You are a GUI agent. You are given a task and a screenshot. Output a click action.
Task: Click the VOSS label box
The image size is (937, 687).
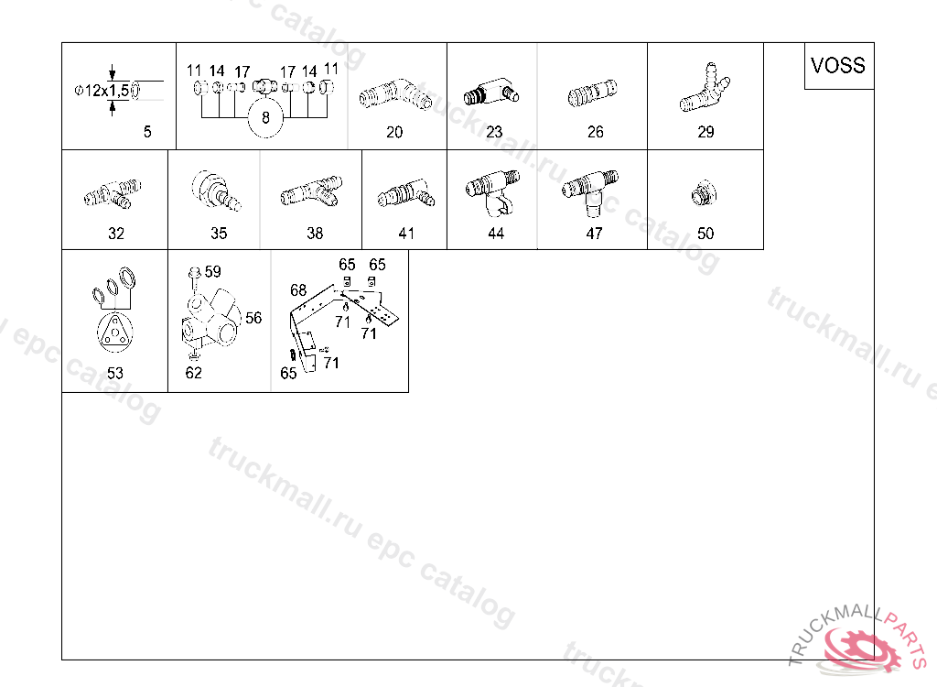coord(839,66)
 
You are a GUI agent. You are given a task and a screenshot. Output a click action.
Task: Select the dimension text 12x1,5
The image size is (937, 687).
coord(106,91)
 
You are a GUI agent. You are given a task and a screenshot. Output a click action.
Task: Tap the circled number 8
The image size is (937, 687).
coord(265,118)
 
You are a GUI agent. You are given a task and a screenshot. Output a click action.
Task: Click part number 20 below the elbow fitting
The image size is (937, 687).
coord(394,132)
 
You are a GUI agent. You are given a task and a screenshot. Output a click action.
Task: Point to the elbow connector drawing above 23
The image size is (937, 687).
coord(491,92)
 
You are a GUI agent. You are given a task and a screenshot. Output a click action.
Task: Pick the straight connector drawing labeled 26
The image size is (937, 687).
coord(592,93)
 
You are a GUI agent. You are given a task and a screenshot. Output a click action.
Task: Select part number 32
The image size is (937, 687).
coord(116,234)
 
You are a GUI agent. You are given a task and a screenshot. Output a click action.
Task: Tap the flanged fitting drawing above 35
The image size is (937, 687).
coord(216,191)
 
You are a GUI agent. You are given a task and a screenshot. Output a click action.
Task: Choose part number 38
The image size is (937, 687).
coord(315,234)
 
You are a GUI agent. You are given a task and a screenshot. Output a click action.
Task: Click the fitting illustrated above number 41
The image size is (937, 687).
coord(405,192)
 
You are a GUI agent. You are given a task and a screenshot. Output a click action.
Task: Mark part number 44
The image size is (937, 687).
coord(496,234)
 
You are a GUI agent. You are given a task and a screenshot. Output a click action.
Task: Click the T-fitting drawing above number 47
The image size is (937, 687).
coord(590,192)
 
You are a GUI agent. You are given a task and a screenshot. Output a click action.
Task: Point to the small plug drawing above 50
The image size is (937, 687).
coord(704,192)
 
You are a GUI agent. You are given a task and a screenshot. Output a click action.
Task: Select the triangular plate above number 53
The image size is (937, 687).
coord(114,333)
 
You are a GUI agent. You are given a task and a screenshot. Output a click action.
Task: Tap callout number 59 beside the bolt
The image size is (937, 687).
coord(212,272)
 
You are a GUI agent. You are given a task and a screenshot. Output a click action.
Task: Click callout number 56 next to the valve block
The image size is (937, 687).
coord(253,318)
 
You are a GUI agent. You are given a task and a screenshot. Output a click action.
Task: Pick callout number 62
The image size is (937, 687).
coord(194,373)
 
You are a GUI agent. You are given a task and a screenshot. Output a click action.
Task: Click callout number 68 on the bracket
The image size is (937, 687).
coord(298,290)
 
